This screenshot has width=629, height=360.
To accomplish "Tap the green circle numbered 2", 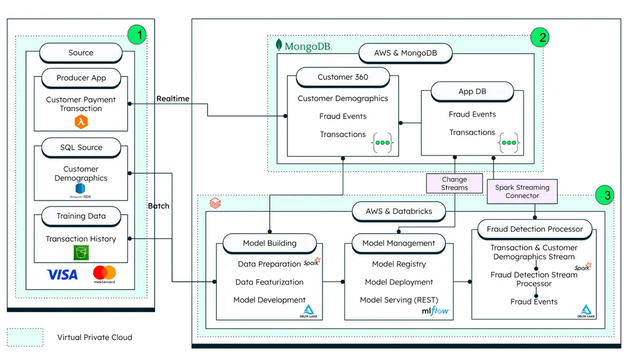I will [x=540, y=38].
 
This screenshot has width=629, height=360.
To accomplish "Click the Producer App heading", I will [x=81, y=78].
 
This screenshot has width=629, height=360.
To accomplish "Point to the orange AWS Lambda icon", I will [x=81, y=122].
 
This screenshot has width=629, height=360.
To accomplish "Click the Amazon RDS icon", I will [x=81, y=190].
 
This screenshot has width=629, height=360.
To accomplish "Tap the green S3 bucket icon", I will [x=81, y=253].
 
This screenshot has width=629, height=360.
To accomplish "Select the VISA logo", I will [x=62, y=275].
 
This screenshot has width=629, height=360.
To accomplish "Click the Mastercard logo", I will [x=104, y=274].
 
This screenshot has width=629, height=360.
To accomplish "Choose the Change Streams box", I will [x=455, y=183].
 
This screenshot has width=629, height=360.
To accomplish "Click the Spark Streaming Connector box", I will [x=522, y=191].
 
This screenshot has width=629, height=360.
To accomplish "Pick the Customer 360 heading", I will [x=343, y=77].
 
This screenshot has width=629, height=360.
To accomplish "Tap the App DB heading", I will [x=472, y=91].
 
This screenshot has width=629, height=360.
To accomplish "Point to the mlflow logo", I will [x=435, y=311].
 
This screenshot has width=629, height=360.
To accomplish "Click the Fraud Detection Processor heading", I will [x=535, y=229].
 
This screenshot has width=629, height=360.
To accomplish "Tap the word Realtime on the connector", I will [x=173, y=99].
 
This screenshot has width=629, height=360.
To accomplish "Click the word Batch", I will [x=158, y=206].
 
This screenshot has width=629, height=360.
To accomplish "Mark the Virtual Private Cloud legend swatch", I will [x=25, y=337].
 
